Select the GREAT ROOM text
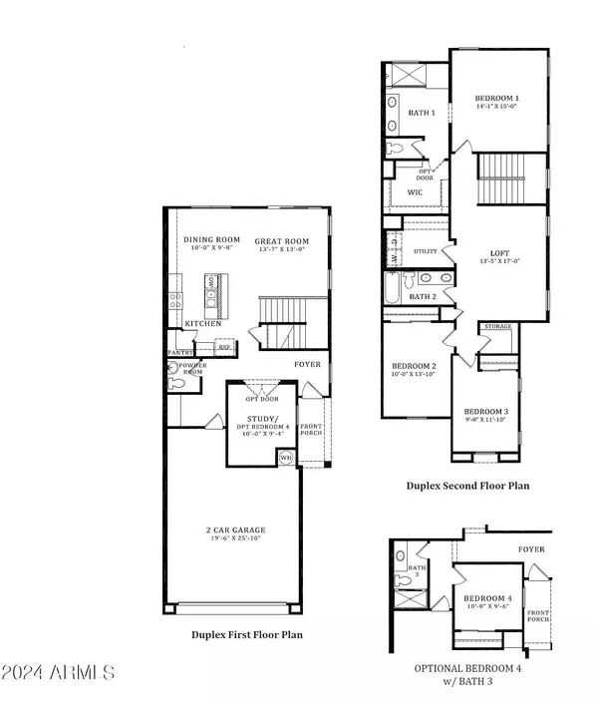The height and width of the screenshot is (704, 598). [x=281, y=241]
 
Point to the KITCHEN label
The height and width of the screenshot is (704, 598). [x=203, y=324]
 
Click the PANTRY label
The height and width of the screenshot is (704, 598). [x=179, y=352]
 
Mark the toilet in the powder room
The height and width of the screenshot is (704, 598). [x=177, y=380]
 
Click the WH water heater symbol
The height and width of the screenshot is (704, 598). [x=286, y=458]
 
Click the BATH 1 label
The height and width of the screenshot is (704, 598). [x=423, y=113]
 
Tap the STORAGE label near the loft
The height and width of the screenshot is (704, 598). [x=497, y=326]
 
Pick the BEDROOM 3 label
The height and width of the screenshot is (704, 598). [x=485, y=412]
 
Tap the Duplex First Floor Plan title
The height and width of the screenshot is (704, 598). [x=246, y=633]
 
